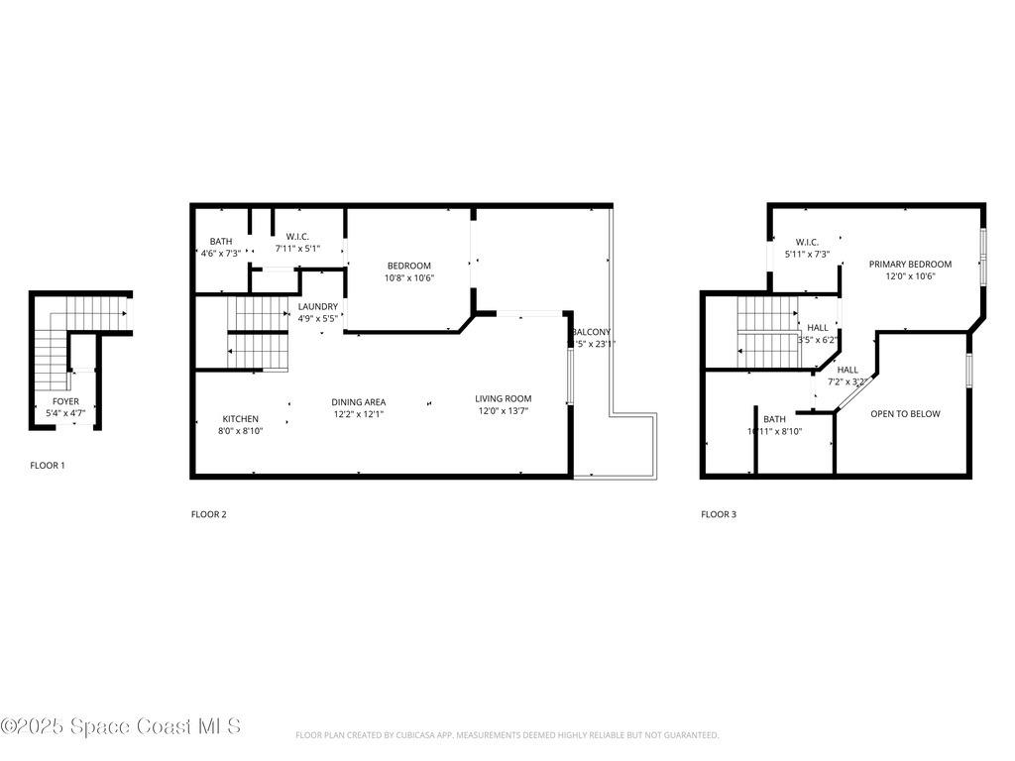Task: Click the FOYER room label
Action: point(65,401)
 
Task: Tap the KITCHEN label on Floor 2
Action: point(240,419)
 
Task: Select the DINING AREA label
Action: point(358,402)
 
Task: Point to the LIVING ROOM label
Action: point(503,398)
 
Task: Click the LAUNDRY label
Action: point(317,307)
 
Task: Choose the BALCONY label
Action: point(592,332)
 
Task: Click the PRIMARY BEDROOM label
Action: point(910,265)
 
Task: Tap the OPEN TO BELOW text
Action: point(905,414)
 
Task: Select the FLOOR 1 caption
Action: point(48,465)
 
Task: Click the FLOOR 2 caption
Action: point(209,514)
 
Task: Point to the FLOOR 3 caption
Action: point(719,514)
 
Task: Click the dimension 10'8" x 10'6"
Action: point(409,277)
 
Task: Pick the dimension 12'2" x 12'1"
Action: point(358,414)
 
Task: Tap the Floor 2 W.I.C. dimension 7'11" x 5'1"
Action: point(298,248)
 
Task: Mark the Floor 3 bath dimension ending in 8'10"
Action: point(774,431)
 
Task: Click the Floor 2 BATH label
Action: point(220,242)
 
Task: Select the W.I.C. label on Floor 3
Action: point(807,243)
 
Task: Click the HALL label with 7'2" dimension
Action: point(847,370)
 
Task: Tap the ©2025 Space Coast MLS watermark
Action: point(121,726)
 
